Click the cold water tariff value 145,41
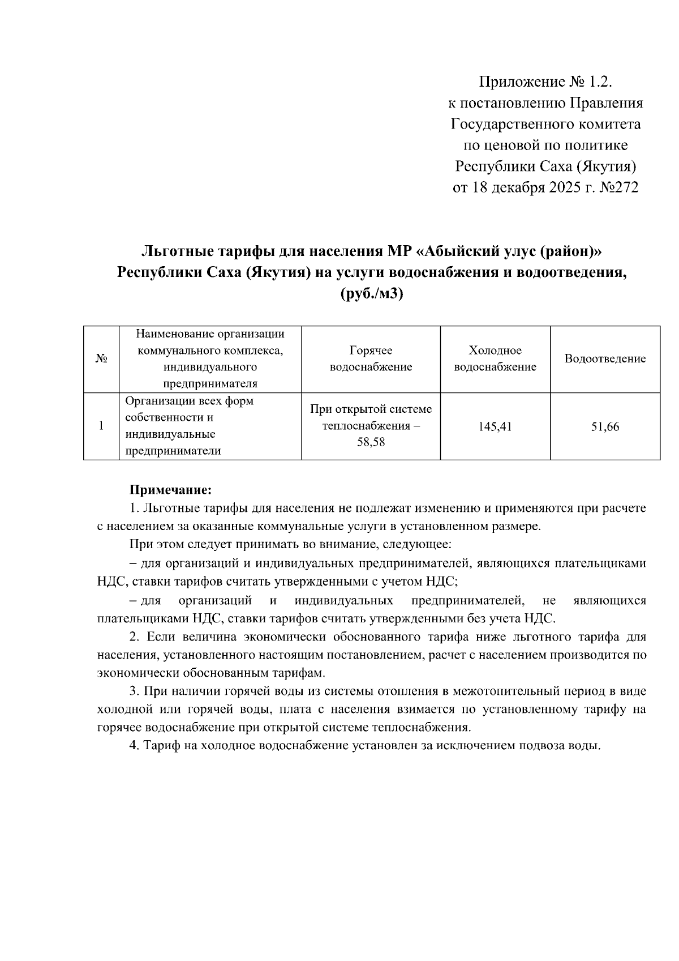pos(495,427)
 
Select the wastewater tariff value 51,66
pos(605,427)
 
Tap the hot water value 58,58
pos(371,442)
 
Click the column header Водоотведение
pos(605,359)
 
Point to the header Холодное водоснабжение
pos(495,359)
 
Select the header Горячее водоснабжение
pos(371,359)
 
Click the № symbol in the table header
pos(101,359)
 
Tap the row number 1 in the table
pos(101,426)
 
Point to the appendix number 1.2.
pos(600,83)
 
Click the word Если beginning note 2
pos(159,637)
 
